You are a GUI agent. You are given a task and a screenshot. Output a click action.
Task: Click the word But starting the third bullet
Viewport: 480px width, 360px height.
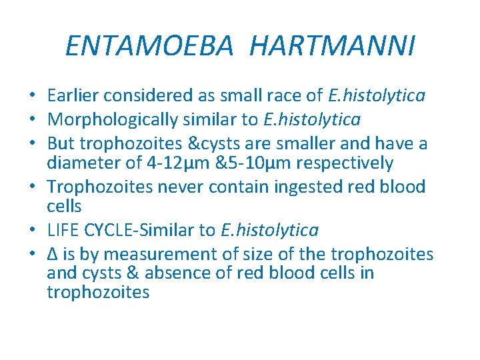pos(61,144)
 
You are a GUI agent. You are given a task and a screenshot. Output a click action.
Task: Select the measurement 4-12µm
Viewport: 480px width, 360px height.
pos(176,163)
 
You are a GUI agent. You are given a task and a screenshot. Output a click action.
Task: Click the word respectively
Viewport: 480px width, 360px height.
pos(346,163)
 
